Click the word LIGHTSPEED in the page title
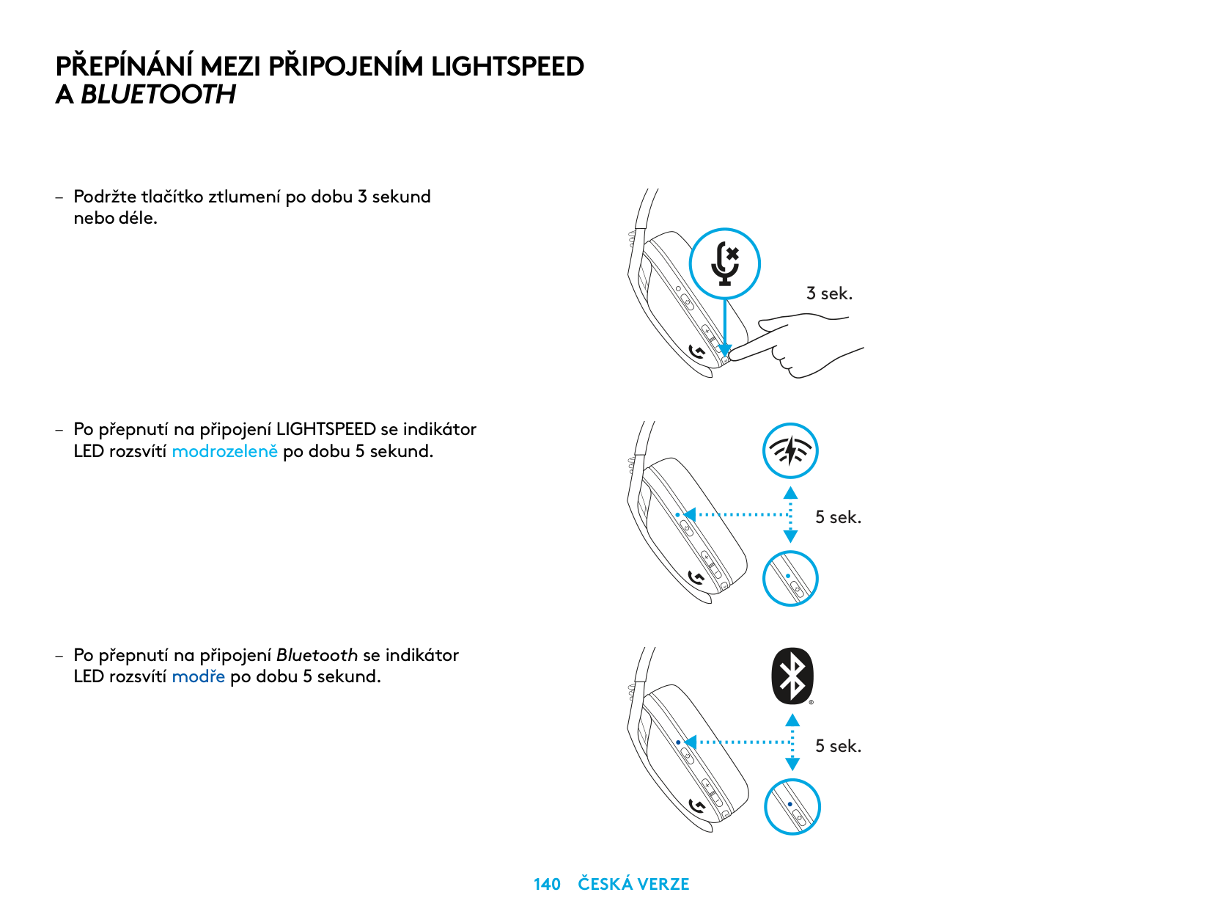507,67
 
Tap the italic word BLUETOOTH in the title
158,95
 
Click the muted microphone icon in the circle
725,263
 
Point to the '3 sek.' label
829,293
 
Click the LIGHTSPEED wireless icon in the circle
789,450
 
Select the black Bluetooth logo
792,676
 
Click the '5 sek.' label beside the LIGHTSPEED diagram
838,517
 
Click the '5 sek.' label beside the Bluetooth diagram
838,746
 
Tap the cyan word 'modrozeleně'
224,451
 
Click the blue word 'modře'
198,676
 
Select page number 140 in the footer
547,884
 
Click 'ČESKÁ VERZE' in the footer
633,884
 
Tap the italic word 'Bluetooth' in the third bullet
317,655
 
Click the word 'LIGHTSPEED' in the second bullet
325,429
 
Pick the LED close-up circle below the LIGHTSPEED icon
790,579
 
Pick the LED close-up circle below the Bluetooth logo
792,807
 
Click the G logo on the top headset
697,354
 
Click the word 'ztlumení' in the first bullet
244,197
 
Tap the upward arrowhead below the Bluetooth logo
792,720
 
